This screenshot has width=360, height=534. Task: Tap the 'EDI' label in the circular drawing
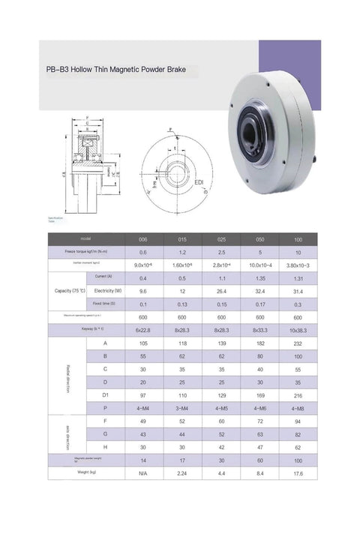click(199, 182)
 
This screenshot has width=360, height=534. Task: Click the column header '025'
click(222, 238)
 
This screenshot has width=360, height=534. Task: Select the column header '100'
click(298, 238)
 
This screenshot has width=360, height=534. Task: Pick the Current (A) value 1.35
click(260, 277)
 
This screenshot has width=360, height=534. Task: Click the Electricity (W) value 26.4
click(222, 290)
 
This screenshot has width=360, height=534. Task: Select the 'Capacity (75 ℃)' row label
click(69, 290)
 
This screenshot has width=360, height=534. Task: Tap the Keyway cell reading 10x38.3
click(298, 329)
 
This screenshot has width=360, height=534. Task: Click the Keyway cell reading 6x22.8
click(142, 329)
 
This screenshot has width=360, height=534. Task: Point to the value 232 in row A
click(298, 343)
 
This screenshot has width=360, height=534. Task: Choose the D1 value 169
click(260, 394)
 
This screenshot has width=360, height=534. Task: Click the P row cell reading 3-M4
click(183, 407)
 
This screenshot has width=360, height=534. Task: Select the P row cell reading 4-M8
click(298, 407)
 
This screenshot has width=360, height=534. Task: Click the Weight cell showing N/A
click(142, 473)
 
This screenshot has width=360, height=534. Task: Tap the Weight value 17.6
click(298, 473)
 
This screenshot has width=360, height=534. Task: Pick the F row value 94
click(298, 421)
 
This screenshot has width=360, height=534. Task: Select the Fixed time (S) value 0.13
click(183, 303)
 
